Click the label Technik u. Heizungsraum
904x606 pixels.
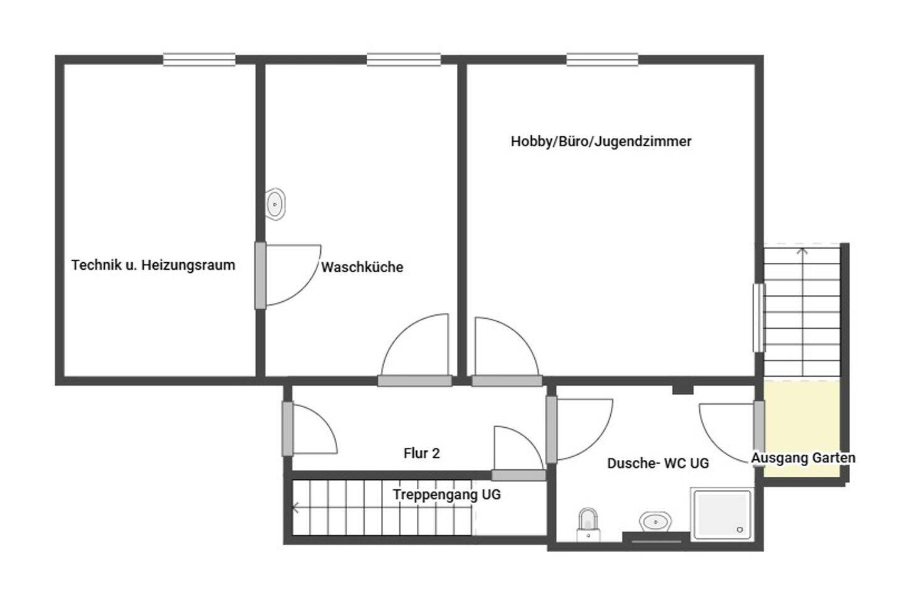click(153, 265)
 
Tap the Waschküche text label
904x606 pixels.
click(362, 267)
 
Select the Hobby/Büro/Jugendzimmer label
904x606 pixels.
click(601, 141)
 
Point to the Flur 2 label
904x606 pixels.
click(421, 453)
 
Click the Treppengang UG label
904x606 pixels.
click(446, 494)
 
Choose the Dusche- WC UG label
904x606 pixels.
click(657, 463)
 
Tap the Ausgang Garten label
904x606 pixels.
click(803, 458)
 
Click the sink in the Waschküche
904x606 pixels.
click(275, 204)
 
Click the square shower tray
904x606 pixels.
click(721, 513)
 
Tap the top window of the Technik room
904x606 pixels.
click(199, 60)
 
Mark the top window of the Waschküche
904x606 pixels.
click(404, 60)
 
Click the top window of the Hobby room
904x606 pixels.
click(602, 60)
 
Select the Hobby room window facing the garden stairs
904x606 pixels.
click(759, 317)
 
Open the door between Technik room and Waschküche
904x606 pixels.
click(261, 275)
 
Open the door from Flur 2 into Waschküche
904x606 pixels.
click(415, 380)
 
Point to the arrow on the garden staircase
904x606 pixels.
click(802, 253)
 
